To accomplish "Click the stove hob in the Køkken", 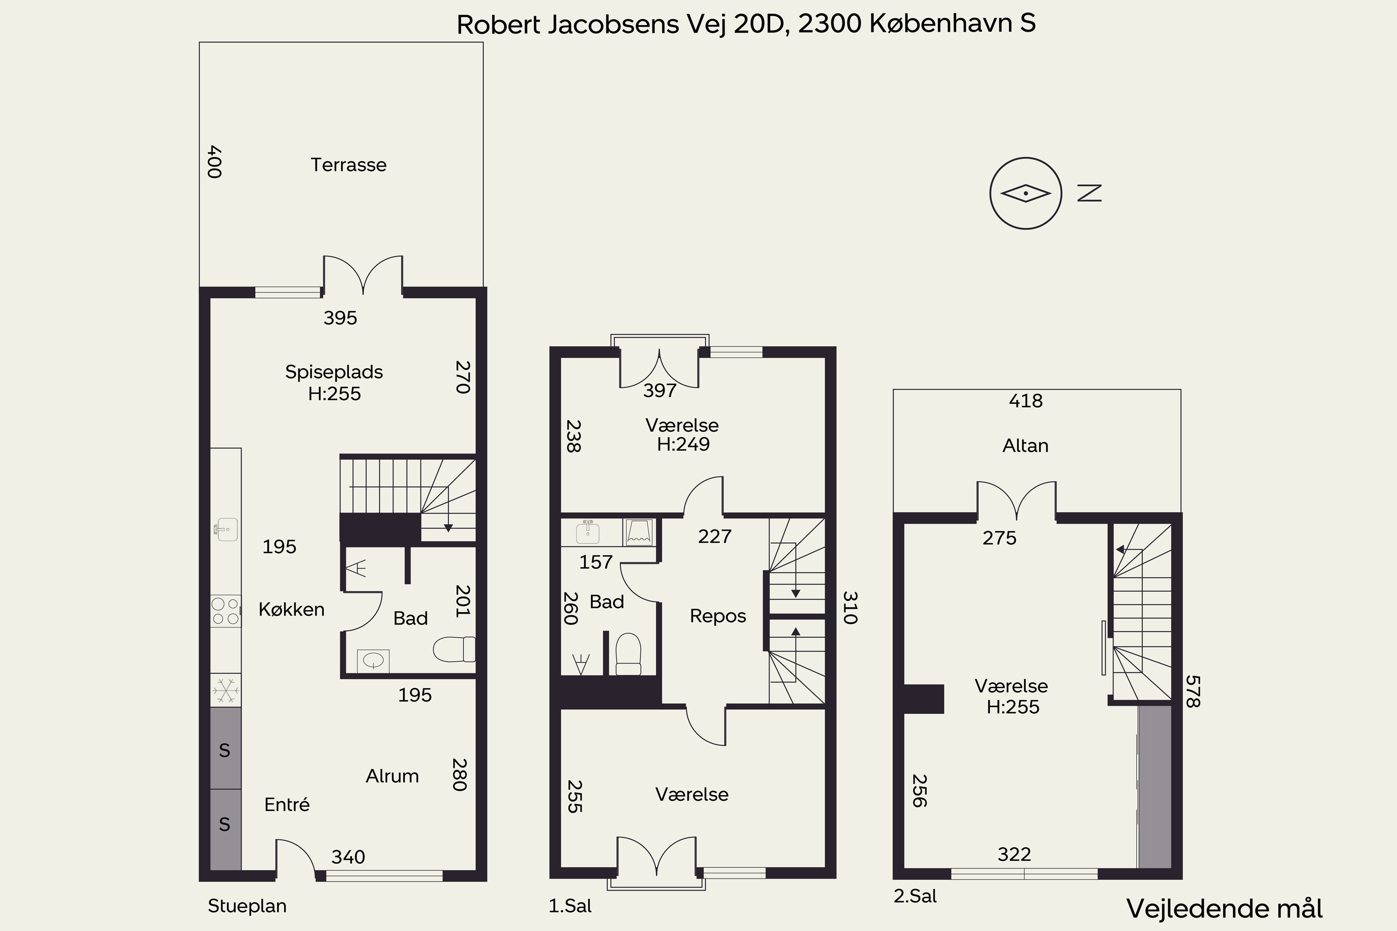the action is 226,611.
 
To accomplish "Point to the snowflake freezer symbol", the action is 226,690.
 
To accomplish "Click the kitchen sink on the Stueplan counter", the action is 226,528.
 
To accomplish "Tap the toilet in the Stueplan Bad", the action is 454,649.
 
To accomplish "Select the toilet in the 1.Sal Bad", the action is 628,654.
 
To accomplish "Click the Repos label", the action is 718,616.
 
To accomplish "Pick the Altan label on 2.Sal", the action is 1025,445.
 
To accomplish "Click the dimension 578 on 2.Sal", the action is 1193,691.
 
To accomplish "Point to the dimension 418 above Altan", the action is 1026,401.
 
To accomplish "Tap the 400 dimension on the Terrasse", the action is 214,162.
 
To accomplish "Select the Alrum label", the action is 392,776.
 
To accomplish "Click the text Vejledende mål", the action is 1225,909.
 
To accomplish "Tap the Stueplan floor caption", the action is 247,906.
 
